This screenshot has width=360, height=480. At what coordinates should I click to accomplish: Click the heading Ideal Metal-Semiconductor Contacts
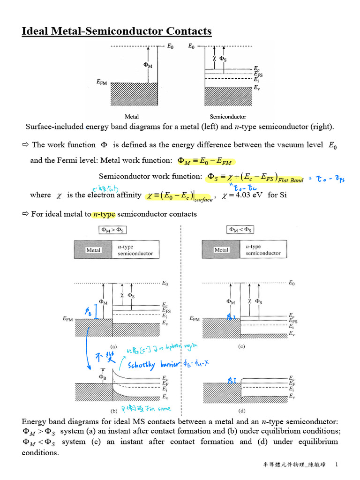[x=117, y=31]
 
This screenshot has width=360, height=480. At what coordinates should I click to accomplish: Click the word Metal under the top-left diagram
[x=132, y=117]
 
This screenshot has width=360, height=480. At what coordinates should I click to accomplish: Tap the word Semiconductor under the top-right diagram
[x=228, y=117]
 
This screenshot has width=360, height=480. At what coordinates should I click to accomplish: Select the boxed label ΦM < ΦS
[x=240, y=230]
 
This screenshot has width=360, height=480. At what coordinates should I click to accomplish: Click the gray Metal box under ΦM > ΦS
[x=93, y=250]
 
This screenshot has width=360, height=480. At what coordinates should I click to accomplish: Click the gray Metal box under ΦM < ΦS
[x=221, y=250]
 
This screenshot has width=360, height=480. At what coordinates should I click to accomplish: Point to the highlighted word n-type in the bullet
[x=104, y=214]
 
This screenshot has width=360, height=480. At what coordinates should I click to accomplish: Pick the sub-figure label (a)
[x=113, y=347]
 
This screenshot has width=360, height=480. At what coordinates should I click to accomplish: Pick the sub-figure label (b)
[x=113, y=411]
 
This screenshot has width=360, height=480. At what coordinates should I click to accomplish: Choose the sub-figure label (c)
[x=241, y=347]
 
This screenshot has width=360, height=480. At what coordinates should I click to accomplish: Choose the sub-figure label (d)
[x=241, y=411]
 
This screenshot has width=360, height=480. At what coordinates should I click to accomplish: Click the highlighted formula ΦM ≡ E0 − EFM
[x=205, y=161]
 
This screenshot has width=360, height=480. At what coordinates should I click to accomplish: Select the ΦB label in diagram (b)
[x=103, y=376]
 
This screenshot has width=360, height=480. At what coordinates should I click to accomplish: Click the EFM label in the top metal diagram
[x=101, y=82]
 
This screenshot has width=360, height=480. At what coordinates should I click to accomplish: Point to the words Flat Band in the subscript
[x=291, y=180]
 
